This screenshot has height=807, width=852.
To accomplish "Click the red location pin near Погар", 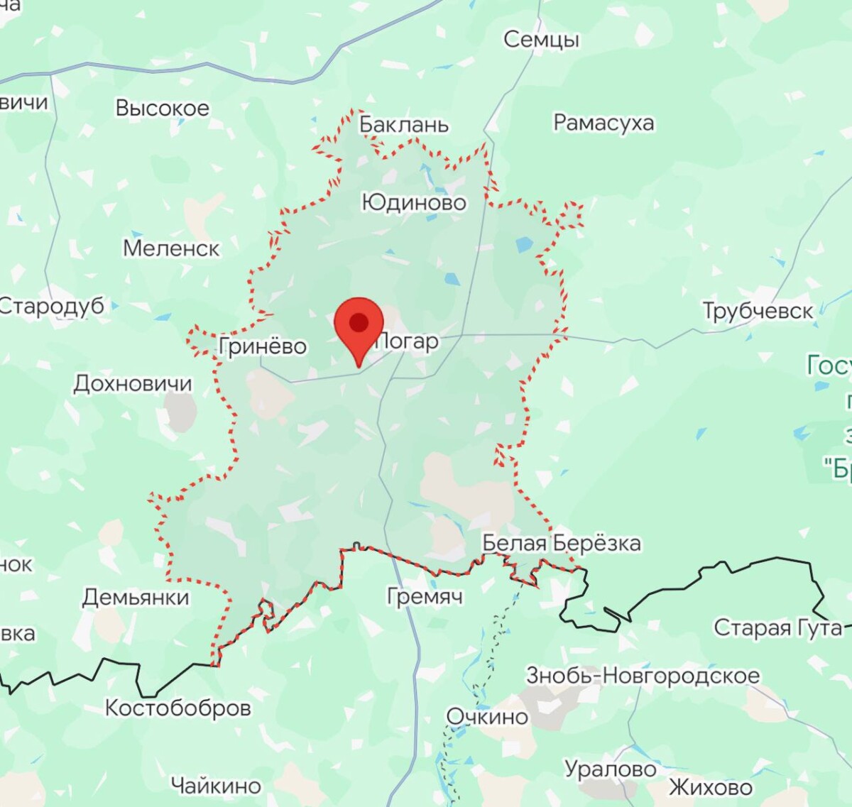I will coord(359,324).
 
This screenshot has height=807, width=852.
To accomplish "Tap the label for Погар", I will coord(408,341).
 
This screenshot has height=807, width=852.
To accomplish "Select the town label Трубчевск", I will coord(758,311).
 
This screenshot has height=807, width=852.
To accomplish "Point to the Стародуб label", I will coord(51,306).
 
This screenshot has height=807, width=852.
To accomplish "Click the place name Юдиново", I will coord(414,203).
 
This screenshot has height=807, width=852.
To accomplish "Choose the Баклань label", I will coord(404,125).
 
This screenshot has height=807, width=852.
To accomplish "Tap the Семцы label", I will coord(541,40).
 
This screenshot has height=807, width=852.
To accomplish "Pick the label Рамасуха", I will coord(603,123).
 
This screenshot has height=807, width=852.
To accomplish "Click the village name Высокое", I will coord(163,109).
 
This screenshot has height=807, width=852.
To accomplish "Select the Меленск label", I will coord(171,248).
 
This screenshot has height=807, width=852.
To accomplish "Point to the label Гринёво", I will coord(263,346).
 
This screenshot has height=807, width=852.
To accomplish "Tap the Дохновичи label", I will coord(133,384).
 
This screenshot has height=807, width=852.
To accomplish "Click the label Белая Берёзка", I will coord(561,544).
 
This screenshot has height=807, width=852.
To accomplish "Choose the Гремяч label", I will coord(425,596).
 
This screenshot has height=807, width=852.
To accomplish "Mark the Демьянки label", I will coord(136,598).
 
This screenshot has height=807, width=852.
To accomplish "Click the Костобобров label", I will coord(177,708).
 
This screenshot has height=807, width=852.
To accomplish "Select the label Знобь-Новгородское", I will coord(643,676).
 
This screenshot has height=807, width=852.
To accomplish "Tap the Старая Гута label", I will coord(777,628).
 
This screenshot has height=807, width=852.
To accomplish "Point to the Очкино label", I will coord(487,717).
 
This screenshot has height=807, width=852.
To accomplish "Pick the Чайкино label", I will coord(216,786).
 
